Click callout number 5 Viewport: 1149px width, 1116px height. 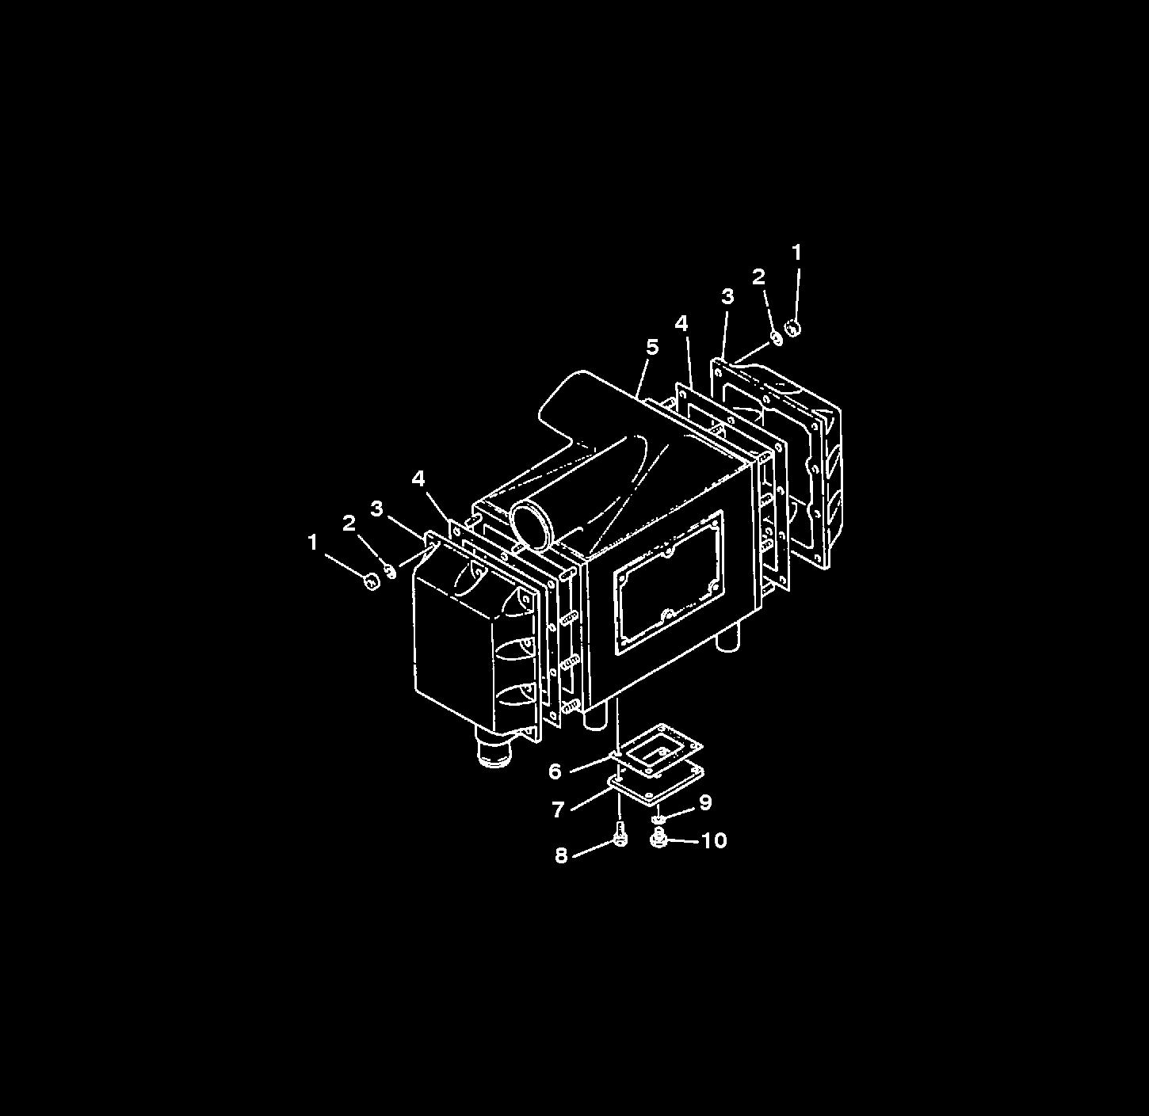(652, 347)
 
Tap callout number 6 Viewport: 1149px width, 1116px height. (555, 771)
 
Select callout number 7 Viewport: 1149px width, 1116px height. (559, 809)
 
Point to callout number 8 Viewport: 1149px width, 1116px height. (561, 855)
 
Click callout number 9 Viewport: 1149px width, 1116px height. (705, 802)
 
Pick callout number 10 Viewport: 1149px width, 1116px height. (714, 840)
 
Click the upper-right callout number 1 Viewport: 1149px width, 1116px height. (796, 253)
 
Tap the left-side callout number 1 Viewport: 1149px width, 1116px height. (312, 543)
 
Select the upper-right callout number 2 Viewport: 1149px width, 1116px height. (758, 276)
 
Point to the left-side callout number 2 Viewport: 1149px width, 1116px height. (349, 522)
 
